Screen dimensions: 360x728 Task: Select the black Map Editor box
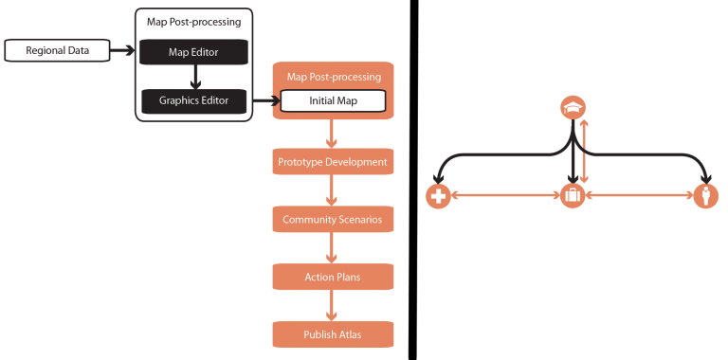click(193, 52)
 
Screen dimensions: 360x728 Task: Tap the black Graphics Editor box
click(193, 99)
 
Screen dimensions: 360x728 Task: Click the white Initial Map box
click(332, 100)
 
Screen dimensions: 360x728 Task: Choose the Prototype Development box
click(332, 162)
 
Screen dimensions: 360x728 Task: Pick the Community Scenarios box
click(332, 220)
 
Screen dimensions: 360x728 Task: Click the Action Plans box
click(332, 277)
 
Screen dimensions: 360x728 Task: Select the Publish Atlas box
click(332, 333)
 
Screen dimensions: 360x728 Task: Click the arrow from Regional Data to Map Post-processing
click(120, 50)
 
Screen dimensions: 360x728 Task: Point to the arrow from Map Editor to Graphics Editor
click(193, 76)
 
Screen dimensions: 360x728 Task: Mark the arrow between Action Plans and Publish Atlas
click(332, 305)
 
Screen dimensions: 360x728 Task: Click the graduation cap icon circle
click(572, 107)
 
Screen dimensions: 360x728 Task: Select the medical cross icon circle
click(437, 196)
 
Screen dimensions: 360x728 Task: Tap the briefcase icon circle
click(572, 196)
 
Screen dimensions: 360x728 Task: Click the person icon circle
click(704, 196)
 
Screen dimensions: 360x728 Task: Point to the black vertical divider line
click(409, 180)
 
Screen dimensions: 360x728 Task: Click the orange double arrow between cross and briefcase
click(504, 196)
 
